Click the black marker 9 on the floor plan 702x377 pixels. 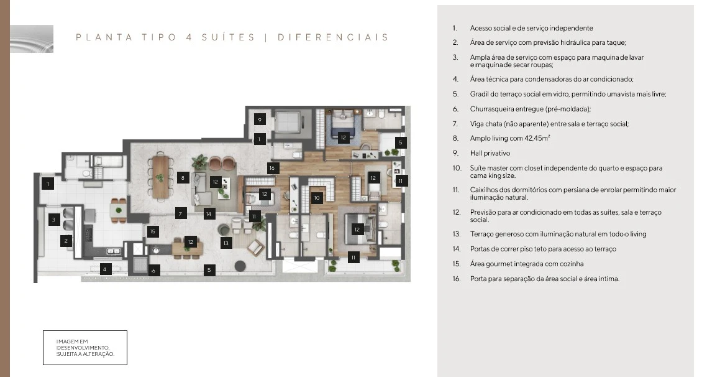260,119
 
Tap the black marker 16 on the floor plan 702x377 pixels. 272,168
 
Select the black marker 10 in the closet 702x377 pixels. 317,198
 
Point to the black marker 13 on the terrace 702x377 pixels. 226,243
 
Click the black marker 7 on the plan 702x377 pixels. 180,213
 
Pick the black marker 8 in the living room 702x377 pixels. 183,177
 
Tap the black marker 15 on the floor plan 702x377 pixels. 153,231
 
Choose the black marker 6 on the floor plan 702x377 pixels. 154,271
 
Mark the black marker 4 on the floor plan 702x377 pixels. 105,269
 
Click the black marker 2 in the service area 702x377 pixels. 66,241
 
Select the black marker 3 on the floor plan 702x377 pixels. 54,219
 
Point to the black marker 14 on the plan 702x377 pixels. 209,214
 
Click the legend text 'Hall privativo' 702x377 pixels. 490,153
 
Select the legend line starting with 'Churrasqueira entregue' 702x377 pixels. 530,109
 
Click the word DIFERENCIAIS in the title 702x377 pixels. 333,37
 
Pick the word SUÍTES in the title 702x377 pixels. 229,37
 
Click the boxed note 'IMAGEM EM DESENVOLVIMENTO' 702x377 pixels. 85,348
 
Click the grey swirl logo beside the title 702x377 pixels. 32,39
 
